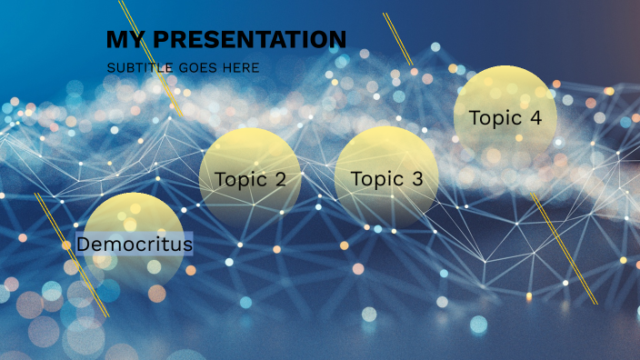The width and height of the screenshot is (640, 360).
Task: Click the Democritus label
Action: click(x=135, y=245)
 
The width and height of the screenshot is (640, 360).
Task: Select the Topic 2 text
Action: click(x=251, y=179)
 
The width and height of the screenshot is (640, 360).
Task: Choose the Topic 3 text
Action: click(x=387, y=179)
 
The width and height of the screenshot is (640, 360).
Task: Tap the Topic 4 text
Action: click(x=505, y=118)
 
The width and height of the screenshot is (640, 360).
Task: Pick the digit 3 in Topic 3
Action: click(x=416, y=179)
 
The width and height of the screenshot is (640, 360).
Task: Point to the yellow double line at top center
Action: click(x=398, y=39)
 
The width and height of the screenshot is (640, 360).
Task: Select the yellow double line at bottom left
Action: click(x=72, y=255)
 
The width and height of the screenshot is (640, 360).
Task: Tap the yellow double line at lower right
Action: click(x=565, y=249)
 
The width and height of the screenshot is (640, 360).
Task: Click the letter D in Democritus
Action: click(x=83, y=245)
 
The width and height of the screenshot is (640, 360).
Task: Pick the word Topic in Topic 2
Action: click(x=239, y=179)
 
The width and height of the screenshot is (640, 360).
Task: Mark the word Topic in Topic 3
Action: click(x=375, y=179)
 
